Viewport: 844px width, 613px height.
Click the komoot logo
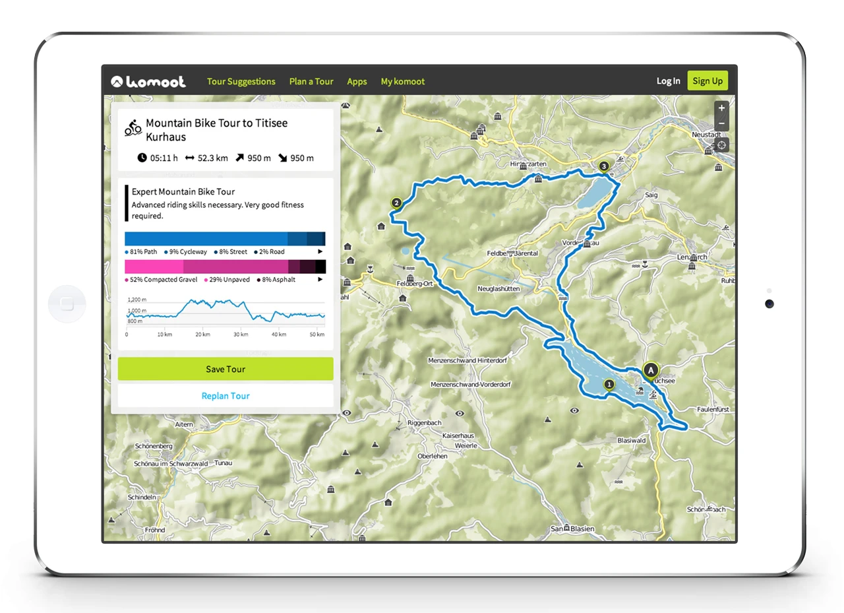pos(148,81)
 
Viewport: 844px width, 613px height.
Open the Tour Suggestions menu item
pos(241,81)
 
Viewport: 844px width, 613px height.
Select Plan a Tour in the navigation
pos(311,81)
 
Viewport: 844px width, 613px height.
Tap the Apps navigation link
pos(357,81)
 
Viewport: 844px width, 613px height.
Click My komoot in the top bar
pos(403,81)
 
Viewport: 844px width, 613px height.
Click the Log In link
pos(668,81)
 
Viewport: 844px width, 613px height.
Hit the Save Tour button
pos(226,369)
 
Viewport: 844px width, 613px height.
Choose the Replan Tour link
pos(226,396)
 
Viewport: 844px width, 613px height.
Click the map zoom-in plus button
pos(722,108)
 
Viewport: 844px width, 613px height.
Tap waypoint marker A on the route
pos(651,371)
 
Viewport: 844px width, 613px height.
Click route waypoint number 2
pos(396,203)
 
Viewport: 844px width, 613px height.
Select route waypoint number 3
pos(603,166)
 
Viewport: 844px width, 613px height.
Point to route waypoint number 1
pos(609,384)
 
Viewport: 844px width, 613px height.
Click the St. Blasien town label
pos(572,529)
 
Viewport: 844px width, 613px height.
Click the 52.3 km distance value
pos(212,158)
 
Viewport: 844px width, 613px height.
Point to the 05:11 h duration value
pos(164,158)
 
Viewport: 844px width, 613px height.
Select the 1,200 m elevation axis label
pos(137,300)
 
